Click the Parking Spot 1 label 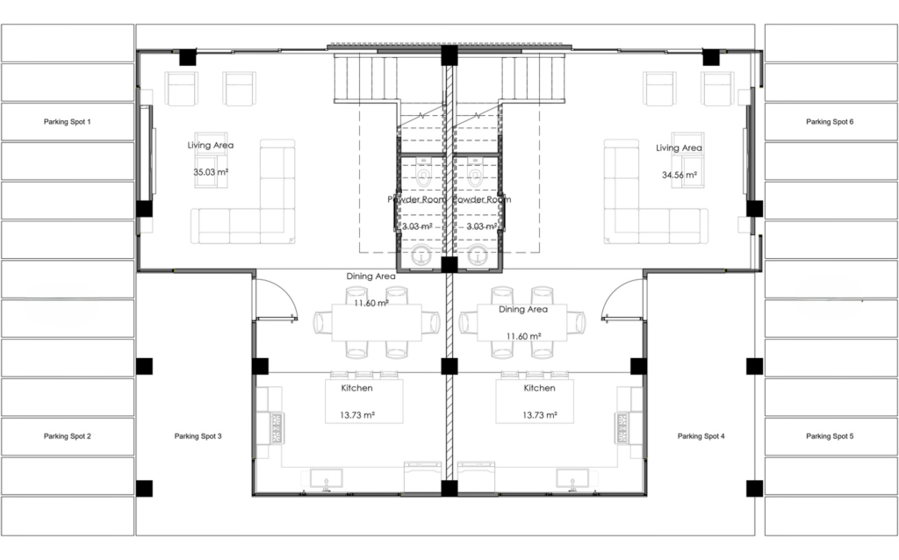[x=67, y=121]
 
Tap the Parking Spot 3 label [x=198, y=436]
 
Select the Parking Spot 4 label [x=701, y=436]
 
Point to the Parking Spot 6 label [x=830, y=121]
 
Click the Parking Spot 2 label [x=67, y=436]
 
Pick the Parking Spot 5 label [x=830, y=436]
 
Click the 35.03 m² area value [x=211, y=172]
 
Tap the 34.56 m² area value [x=680, y=175]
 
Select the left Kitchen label [x=356, y=388]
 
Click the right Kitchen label [x=540, y=388]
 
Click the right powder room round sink [x=477, y=255]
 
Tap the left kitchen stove [x=277, y=428]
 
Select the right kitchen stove [x=622, y=428]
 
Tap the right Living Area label [x=679, y=147]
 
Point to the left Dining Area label [x=371, y=276]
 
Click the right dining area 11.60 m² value [x=523, y=336]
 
